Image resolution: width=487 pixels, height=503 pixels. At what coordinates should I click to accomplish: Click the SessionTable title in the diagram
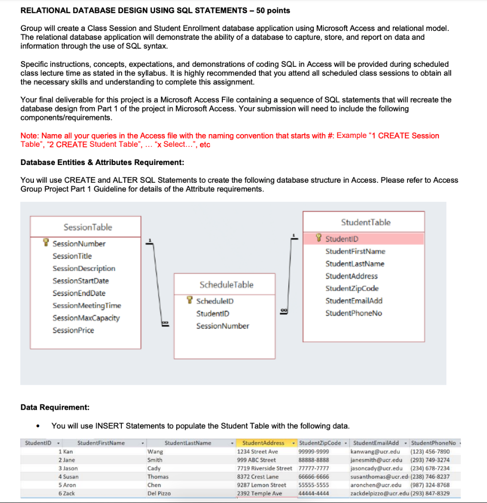point(87,227)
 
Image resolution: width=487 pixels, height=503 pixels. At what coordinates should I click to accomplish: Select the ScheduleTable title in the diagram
point(226,285)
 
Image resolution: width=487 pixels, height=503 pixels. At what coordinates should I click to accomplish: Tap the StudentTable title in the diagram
point(366,223)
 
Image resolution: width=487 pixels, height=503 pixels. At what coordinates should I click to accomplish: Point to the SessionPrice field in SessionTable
point(73,330)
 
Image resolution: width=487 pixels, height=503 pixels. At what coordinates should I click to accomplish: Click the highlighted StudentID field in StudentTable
point(342,239)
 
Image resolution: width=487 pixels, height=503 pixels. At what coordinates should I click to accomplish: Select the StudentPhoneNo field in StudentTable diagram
point(353,313)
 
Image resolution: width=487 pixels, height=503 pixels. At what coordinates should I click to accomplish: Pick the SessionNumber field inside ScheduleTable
point(222,326)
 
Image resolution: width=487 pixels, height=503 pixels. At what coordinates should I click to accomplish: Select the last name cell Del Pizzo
point(159,493)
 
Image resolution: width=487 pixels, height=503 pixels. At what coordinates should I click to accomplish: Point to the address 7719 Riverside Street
point(264,469)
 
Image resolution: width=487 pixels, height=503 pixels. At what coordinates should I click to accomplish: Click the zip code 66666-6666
point(314,476)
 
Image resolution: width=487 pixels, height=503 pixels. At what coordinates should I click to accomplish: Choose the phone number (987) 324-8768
point(430,485)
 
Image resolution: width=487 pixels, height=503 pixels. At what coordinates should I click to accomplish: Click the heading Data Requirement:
point(55,407)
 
